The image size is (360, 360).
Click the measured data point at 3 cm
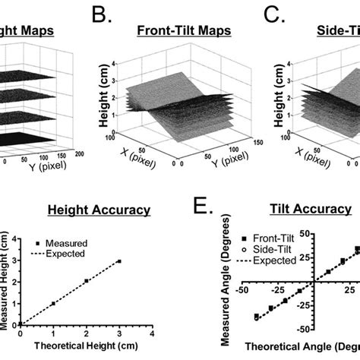pos(118,261)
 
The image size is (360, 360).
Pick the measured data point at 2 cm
pos(86,281)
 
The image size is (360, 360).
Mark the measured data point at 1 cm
pos(53,304)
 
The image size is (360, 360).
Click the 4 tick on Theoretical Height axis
pos(152,335)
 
